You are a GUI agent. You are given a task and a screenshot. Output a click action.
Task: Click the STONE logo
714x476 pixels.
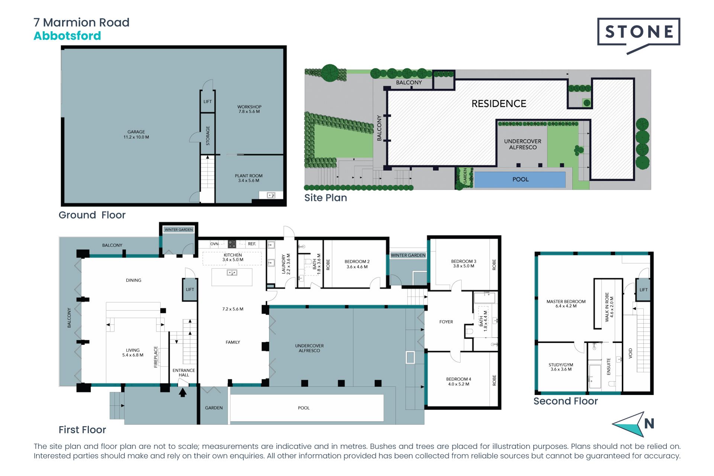[x=639, y=36]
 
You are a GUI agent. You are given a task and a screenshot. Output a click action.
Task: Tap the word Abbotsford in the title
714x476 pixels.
[x=67, y=36]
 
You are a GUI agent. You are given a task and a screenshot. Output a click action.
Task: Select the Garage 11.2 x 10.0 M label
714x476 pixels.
[x=136, y=134]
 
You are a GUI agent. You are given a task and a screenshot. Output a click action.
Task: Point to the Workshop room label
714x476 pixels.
[x=249, y=109]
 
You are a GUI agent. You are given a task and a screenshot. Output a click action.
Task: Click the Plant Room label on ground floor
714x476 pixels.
[x=248, y=178]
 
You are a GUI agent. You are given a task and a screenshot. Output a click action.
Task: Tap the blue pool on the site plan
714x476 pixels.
[x=520, y=180]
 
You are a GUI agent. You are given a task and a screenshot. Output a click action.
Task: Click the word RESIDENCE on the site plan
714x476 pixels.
[x=499, y=104]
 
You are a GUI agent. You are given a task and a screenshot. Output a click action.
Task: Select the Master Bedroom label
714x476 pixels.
[x=566, y=304]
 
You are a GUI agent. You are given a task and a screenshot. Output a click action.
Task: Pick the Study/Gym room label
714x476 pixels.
[x=561, y=367]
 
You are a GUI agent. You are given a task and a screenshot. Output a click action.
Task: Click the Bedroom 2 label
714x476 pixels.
[x=357, y=264]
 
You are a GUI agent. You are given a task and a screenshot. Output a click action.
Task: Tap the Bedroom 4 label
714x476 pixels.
[x=459, y=382]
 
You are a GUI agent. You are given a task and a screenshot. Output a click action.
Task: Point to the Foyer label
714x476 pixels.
[x=446, y=322]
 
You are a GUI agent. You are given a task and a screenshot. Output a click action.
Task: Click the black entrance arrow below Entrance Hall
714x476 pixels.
[x=183, y=392]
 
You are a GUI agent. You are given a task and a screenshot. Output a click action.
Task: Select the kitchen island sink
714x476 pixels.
[x=232, y=273]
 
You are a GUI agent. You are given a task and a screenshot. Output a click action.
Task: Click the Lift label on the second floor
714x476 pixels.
[x=643, y=290]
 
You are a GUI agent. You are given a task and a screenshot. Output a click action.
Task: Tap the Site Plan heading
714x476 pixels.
[x=325, y=198]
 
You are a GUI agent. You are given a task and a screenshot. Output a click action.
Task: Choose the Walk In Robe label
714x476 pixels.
[x=609, y=307]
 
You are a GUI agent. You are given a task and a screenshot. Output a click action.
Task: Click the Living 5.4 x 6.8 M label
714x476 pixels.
[x=133, y=353]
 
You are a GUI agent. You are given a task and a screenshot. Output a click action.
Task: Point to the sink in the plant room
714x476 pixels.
[x=271, y=195]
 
